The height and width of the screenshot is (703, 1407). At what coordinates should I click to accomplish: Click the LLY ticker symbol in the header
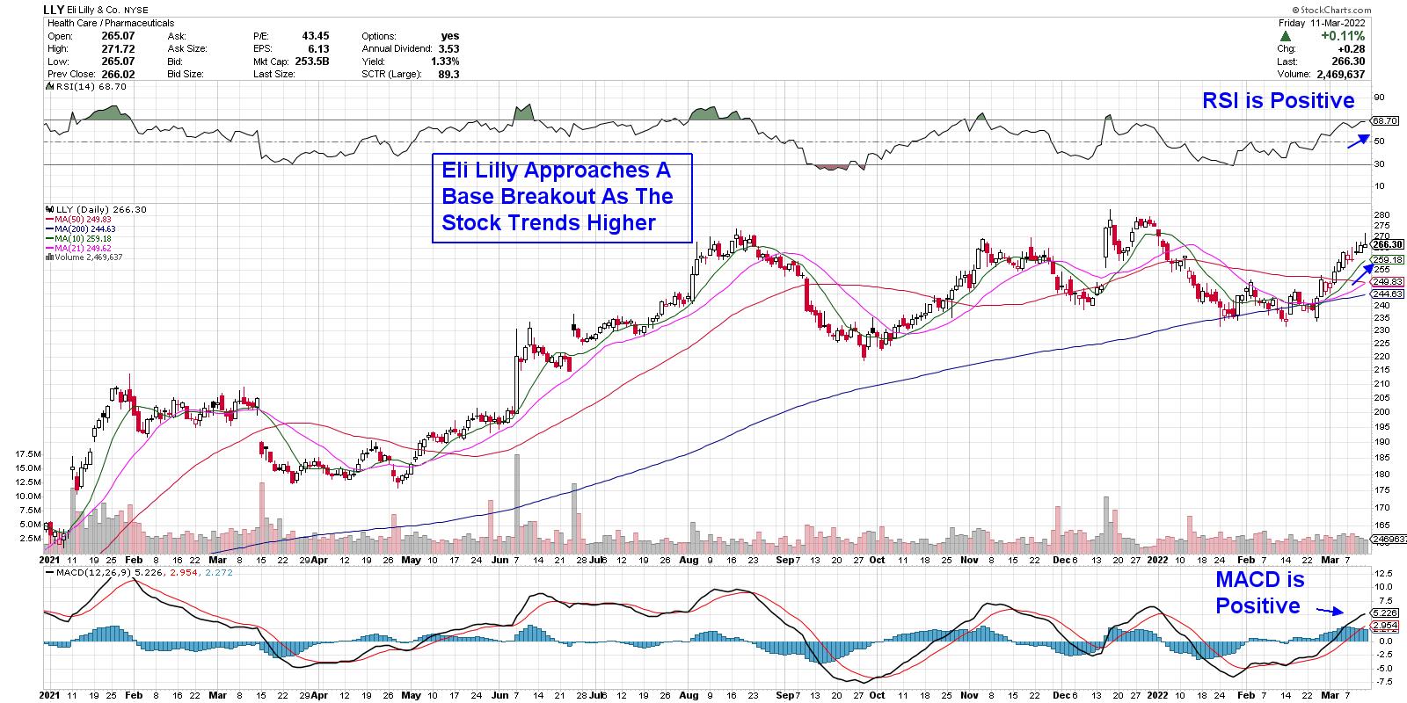click(54, 10)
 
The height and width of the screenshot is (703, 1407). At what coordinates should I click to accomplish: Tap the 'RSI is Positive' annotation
click(1278, 101)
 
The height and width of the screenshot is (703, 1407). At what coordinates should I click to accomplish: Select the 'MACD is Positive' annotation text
click(1259, 593)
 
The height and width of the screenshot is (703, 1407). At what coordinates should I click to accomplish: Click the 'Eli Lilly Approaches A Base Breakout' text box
click(563, 198)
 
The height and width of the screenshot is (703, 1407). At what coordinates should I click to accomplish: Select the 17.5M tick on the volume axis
click(27, 453)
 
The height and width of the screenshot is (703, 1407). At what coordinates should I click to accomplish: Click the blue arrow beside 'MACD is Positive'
click(1329, 610)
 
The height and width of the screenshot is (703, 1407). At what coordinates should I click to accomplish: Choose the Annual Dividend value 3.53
click(448, 49)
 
